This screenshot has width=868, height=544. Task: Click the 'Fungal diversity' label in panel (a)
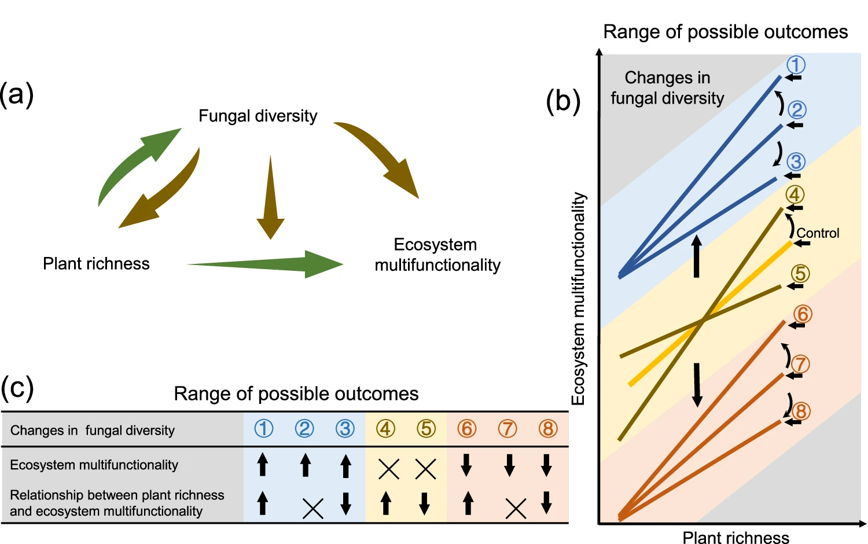pyautogui.click(x=258, y=116)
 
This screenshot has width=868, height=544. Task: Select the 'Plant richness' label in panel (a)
pyautogui.click(x=96, y=264)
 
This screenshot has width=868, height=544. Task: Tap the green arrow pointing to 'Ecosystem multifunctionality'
pyautogui.click(x=266, y=264)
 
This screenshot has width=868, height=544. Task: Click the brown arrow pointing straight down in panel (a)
pyautogui.click(x=270, y=197)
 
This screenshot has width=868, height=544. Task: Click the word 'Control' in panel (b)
pyautogui.click(x=818, y=233)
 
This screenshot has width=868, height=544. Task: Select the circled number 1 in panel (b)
pyautogui.click(x=796, y=65)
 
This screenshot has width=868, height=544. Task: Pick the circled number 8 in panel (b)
pyautogui.click(x=800, y=411)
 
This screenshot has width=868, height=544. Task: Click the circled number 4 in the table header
pyautogui.click(x=385, y=429)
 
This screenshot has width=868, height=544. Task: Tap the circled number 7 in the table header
pyautogui.click(x=507, y=429)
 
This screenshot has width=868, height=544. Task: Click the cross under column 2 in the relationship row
pyautogui.click(x=313, y=508)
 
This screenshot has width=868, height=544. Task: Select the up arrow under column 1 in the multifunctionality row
pyautogui.click(x=263, y=464)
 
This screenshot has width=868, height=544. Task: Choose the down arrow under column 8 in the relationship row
pyautogui.click(x=546, y=502)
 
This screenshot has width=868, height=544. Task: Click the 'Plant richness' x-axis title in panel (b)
pyautogui.click(x=735, y=538)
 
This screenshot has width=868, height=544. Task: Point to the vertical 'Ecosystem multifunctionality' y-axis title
pyautogui.click(x=579, y=299)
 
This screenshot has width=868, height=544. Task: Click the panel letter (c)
pyautogui.click(x=17, y=388)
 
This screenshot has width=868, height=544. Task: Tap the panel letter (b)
pyautogui.click(x=563, y=101)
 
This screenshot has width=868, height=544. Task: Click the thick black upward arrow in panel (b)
pyautogui.click(x=697, y=256)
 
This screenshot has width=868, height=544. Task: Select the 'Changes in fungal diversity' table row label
pyautogui.click(x=93, y=431)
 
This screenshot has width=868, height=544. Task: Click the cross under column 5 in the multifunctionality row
pyautogui.click(x=426, y=469)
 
